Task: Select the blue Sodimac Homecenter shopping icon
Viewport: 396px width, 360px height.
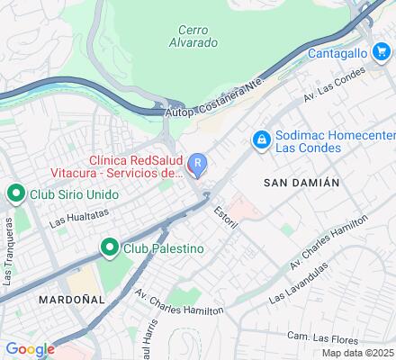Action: coord(261,140)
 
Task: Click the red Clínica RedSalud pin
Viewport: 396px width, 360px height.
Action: coord(199,165)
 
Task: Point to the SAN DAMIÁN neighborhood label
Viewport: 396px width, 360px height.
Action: coord(301,182)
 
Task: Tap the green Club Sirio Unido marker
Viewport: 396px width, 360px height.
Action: coord(15,193)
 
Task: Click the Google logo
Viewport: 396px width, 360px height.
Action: coord(30,349)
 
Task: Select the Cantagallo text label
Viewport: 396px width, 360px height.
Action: coord(339,54)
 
